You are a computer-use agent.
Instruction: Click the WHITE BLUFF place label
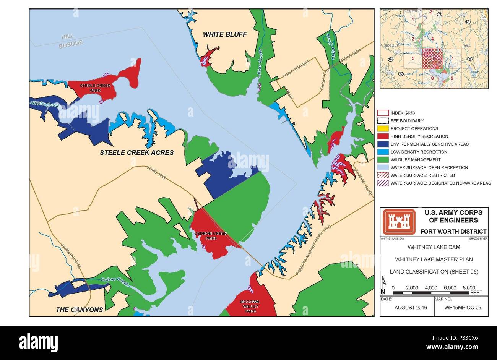(224, 34)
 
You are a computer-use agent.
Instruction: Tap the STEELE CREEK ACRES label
(137, 152)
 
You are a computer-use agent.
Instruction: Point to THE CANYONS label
(80, 310)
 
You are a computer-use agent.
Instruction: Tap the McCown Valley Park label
(250, 306)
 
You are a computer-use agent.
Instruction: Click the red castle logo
(399, 222)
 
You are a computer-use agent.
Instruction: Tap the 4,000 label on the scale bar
(431, 288)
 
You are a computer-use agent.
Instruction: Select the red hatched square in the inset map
(432, 58)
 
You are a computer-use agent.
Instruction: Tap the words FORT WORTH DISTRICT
(453, 231)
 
